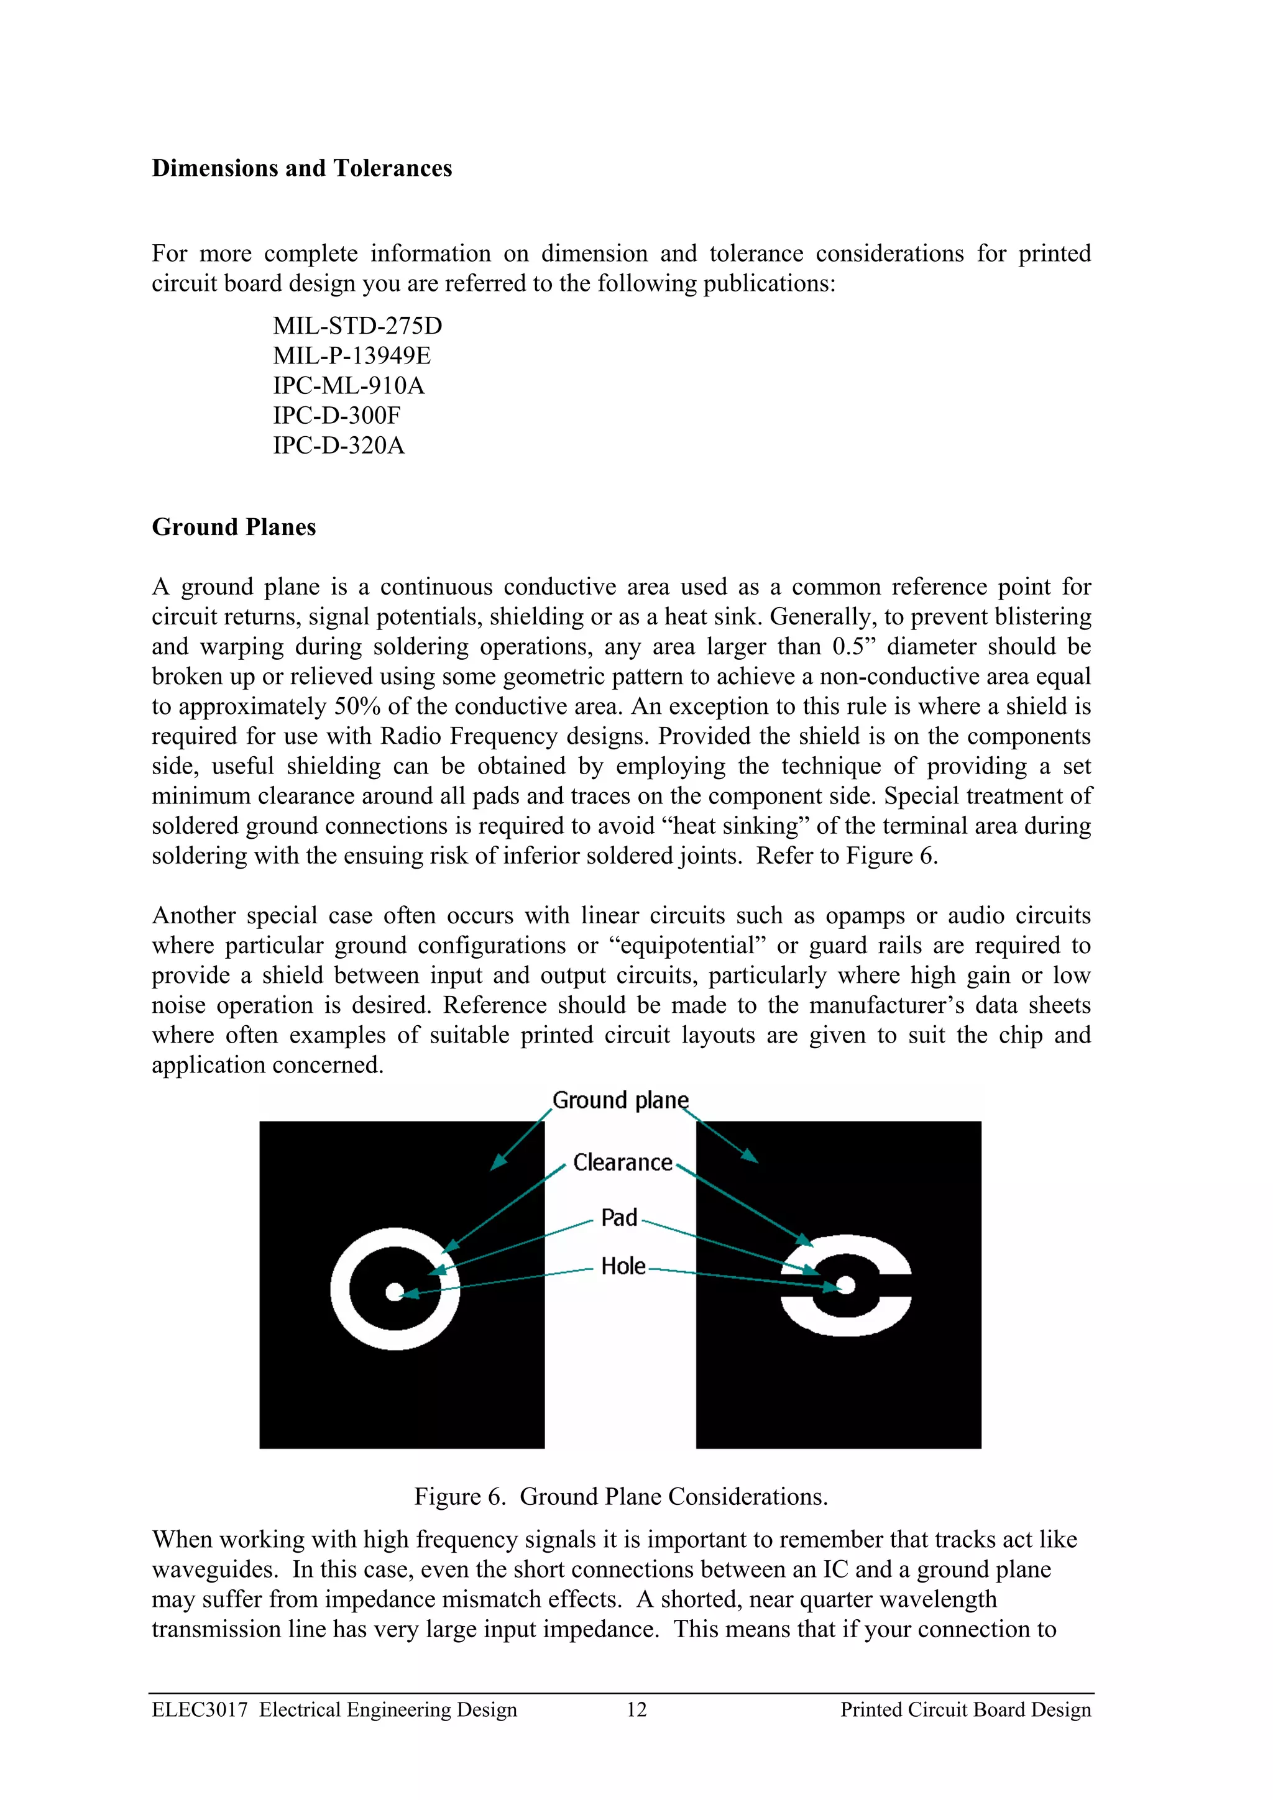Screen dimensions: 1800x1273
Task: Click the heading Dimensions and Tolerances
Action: click(x=302, y=168)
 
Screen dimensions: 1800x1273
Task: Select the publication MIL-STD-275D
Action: click(x=357, y=326)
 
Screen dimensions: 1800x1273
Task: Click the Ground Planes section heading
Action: click(x=234, y=527)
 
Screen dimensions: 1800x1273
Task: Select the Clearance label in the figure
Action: click(x=623, y=1162)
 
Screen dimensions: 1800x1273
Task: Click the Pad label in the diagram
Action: click(x=619, y=1218)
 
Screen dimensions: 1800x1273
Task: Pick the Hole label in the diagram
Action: click(x=623, y=1266)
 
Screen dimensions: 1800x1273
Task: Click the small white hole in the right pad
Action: click(x=847, y=1285)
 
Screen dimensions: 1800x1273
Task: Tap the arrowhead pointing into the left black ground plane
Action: click(x=497, y=1163)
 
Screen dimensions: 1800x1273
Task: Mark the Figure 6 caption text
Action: click(x=620, y=1497)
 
